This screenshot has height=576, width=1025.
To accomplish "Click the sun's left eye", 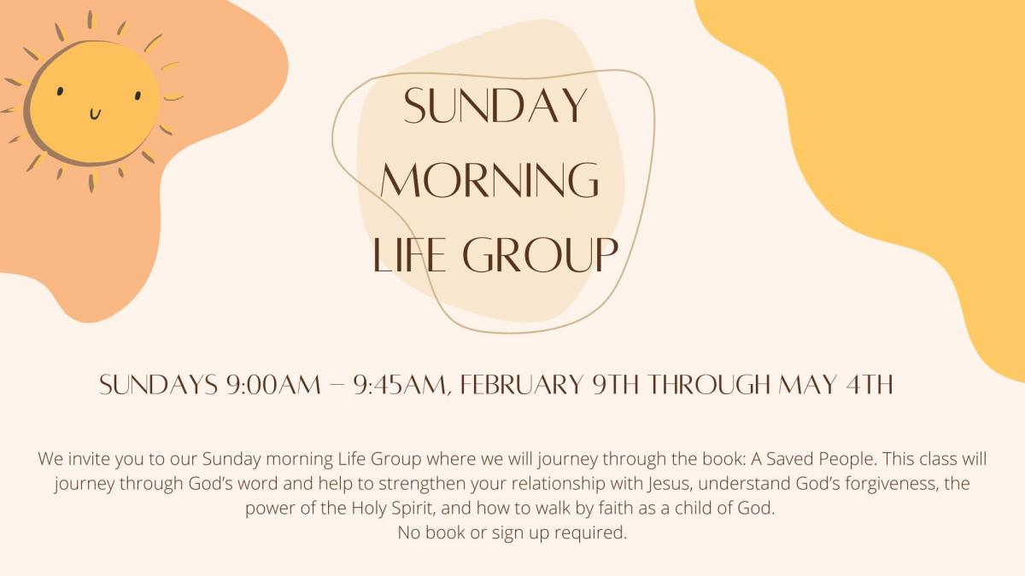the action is [x=60, y=91].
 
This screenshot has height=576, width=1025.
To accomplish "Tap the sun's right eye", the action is [x=138, y=95].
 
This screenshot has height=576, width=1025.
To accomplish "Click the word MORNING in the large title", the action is [x=489, y=180].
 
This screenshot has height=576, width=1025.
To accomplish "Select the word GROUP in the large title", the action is [x=541, y=254].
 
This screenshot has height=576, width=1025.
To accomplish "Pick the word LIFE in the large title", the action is [x=409, y=254].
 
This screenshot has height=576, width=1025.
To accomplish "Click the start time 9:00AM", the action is [x=273, y=385].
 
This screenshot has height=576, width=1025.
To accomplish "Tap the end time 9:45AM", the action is [x=399, y=385].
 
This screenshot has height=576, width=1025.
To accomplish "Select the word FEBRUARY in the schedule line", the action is [x=522, y=385].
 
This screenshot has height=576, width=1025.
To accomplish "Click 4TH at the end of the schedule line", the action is [x=869, y=385].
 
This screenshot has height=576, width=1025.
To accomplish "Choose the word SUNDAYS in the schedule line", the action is [x=158, y=385].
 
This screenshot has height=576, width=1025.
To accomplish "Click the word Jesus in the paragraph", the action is [x=669, y=484].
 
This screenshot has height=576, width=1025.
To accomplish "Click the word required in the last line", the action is [x=591, y=533].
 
